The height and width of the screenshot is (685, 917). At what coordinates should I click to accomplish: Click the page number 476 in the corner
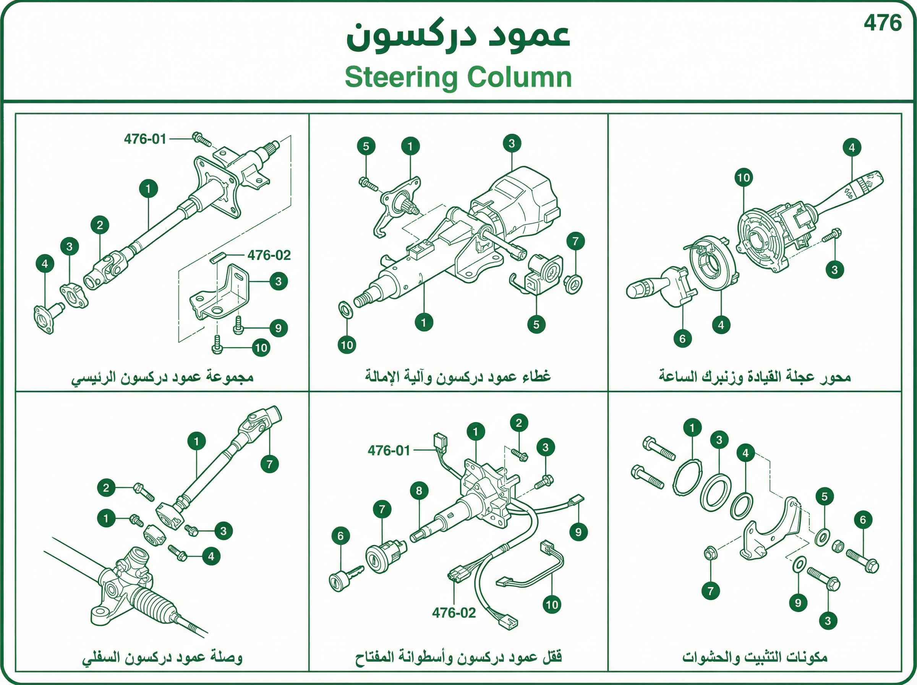883,23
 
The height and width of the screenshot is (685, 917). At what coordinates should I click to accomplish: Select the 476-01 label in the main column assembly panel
145,139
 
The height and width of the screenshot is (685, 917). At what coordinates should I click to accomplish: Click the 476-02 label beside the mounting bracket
269,255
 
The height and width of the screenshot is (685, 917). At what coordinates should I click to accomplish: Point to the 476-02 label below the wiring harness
454,612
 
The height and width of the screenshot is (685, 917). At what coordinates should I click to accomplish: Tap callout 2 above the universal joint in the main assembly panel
100,225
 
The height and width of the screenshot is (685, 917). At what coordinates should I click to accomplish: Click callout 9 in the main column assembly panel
279,328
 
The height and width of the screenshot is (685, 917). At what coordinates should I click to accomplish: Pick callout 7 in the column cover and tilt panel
575,241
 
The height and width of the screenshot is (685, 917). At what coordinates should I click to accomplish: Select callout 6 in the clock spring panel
682,339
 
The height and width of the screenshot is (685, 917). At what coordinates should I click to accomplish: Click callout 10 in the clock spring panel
744,178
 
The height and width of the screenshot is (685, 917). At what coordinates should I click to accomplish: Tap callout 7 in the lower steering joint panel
270,464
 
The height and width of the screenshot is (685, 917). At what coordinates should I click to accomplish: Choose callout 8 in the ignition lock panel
419,490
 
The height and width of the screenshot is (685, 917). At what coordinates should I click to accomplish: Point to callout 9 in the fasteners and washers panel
799,602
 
